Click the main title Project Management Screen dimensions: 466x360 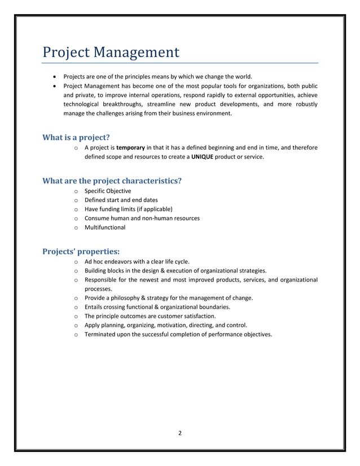tap(111, 52)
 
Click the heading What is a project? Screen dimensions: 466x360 tap(76, 137)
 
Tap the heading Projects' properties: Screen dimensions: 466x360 tap(81, 252)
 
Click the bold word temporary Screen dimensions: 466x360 tap(130, 148)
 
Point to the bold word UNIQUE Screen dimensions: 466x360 tap(201, 157)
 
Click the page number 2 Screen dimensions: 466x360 tap(179, 433)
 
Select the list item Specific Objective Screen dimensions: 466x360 tap(108, 191)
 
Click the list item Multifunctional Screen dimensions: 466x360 tap(105, 227)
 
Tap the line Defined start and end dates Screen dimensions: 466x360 tap(121, 200)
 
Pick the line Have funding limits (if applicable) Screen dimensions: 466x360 tap(128, 209)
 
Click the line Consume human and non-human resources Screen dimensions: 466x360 tap(142, 218)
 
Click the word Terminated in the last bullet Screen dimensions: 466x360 tap(101, 334)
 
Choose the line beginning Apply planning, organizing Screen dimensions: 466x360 tap(165, 325)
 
